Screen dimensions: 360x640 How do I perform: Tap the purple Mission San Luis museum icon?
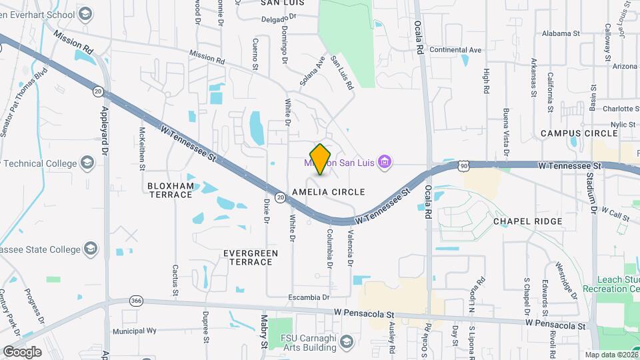[384, 161]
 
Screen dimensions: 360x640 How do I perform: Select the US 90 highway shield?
[463, 165]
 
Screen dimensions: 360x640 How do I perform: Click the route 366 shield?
[136, 300]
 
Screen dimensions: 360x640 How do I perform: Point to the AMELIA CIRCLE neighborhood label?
[329, 192]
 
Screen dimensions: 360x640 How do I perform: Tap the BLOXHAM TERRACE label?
[170, 190]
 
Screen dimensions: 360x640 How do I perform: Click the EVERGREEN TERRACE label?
[249, 257]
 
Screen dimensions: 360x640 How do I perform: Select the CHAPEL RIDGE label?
[527, 221]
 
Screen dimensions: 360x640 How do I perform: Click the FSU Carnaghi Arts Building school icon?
[346, 343]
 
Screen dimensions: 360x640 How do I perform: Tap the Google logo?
[22, 351]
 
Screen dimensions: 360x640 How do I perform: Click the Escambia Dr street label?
[309, 297]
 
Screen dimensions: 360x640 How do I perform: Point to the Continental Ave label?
[455, 50]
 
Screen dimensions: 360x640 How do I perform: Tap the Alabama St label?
[561, 33]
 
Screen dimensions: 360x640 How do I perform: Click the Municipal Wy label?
[134, 331]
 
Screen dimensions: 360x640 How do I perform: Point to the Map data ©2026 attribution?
[611, 355]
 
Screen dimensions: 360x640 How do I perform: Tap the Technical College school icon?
[87, 163]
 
